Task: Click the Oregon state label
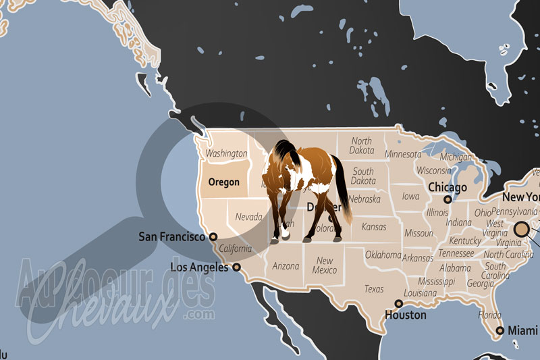(x=224, y=182)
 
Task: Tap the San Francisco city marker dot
(x=213, y=237)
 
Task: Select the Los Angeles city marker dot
(x=237, y=267)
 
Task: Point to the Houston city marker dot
(x=399, y=304)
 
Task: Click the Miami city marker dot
(x=500, y=331)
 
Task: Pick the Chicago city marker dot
(x=447, y=199)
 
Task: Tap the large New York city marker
(x=520, y=230)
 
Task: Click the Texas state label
(x=373, y=289)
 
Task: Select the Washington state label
(x=226, y=153)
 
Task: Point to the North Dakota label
(x=361, y=145)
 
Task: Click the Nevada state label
(x=248, y=217)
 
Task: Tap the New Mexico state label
(x=325, y=265)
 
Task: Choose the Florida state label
(x=490, y=315)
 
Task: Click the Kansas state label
(x=374, y=227)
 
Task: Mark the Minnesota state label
(x=403, y=154)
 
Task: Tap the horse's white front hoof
(x=285, y=234)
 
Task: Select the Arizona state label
(x=286, y=266)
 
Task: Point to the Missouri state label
(x=418, y=233)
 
